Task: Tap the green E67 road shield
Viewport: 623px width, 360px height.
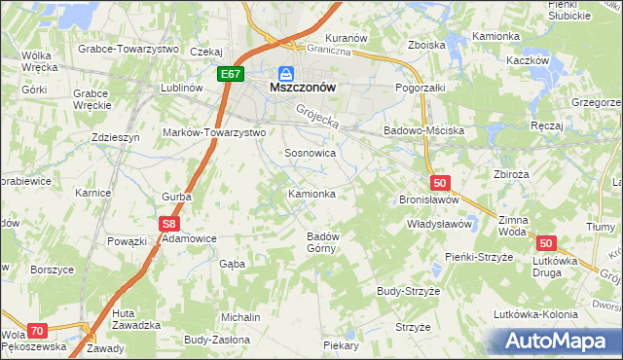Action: tap(230, 74)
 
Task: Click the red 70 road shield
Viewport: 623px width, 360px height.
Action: tap(37, 331)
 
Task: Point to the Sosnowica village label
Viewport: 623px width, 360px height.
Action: tap(310, 154)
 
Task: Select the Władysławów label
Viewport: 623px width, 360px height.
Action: tap(439, 224)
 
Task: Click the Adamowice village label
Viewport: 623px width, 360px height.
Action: tap(188, 237)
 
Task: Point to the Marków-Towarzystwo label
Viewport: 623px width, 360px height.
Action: tap(214, 132)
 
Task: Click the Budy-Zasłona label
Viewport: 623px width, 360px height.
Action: tap(216, 341)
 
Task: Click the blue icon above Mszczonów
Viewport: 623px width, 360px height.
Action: tap(285, 72)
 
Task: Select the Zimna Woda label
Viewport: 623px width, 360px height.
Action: tap(511, 227)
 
